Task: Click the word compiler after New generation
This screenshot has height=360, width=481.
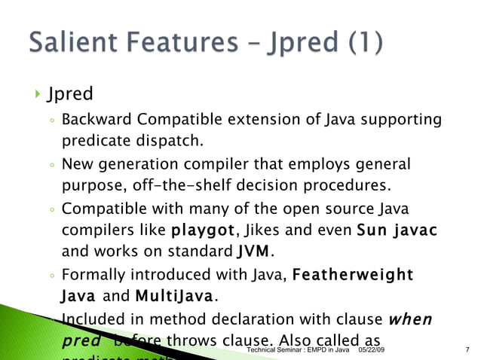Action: point(234,163)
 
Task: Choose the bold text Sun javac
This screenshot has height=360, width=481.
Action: point(397,230)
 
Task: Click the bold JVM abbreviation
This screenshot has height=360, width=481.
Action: point(251,251)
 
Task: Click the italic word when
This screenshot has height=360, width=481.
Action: point(411,319)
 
